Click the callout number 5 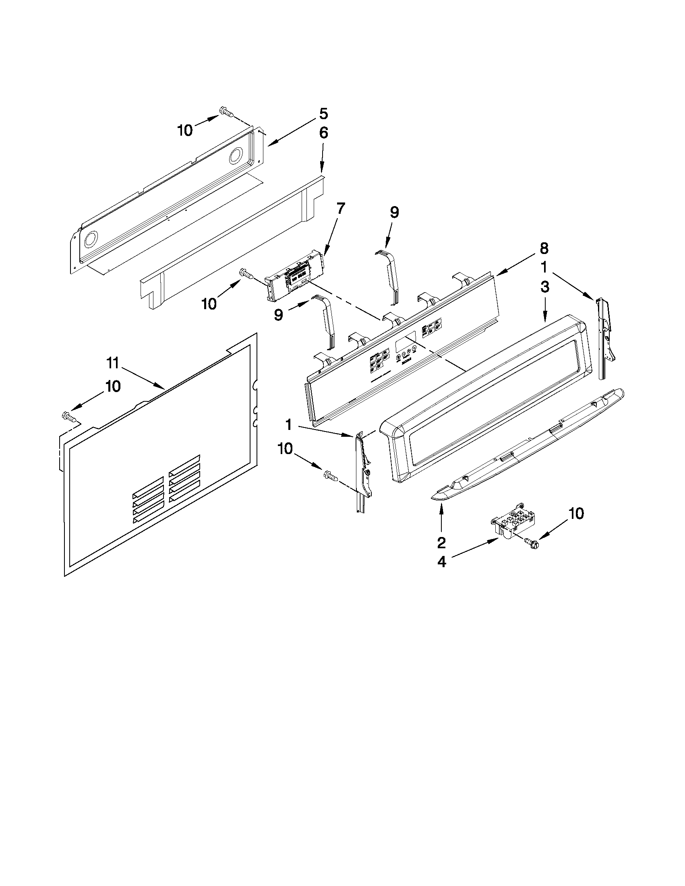coord(323,114)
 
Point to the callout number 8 coord(544,248)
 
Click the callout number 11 coord(112,363)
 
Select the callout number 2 coord(441,542)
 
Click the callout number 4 coord(441,562)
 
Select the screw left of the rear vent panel coord(69,417)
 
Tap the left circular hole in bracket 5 coord(91,240)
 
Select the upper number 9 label coord(394,213)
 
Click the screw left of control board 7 coord(246,273)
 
